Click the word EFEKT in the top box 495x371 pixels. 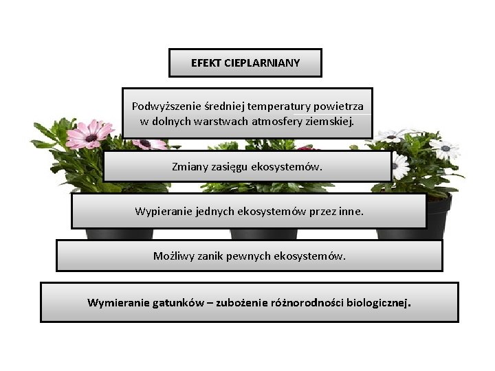[203, 63]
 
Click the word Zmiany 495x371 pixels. [190, 167]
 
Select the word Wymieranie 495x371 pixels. [115, 302]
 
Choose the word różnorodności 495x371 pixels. [305, 302]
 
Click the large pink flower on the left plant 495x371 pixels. [89, 137]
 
